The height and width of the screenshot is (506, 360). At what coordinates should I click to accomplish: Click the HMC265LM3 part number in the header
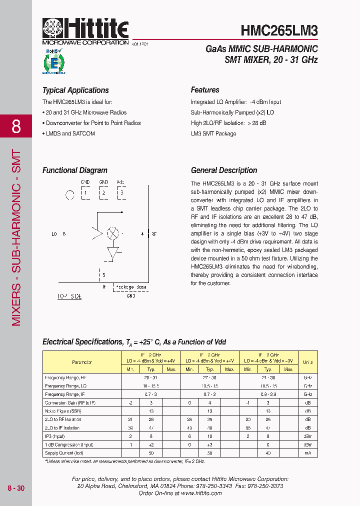point(279,31)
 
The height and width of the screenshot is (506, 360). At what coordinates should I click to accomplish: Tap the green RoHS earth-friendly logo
point(53,61)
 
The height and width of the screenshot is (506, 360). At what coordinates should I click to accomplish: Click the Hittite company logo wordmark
point(85,29)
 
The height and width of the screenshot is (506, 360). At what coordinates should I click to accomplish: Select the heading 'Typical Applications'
point(75,90)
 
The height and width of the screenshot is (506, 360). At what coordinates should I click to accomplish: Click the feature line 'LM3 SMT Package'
point(213,133)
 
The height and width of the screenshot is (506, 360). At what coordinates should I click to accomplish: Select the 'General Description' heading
point(224,170)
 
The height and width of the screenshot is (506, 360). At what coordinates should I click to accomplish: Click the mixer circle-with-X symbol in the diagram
point(113,233)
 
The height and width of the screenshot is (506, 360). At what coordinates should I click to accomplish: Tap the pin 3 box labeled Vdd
point(120,192)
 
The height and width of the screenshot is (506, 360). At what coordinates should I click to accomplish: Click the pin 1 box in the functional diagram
point(85,192)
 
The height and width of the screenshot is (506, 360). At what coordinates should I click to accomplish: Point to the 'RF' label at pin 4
point(154,233)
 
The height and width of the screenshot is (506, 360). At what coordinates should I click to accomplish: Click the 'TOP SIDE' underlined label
point(69,296)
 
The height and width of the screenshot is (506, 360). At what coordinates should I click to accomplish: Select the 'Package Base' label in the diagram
point(131,287)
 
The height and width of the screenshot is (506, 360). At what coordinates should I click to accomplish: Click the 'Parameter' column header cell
point(82,362)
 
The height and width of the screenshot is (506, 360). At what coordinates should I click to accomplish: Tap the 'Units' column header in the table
point(307,362)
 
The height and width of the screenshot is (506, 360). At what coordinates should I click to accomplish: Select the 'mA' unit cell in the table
point(307,453)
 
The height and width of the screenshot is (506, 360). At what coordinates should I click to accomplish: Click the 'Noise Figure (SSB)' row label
point(63,411)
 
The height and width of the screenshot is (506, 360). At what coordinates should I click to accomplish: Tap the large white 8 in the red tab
point(16,126)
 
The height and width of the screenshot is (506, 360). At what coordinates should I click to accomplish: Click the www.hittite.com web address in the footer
point(201,493)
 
